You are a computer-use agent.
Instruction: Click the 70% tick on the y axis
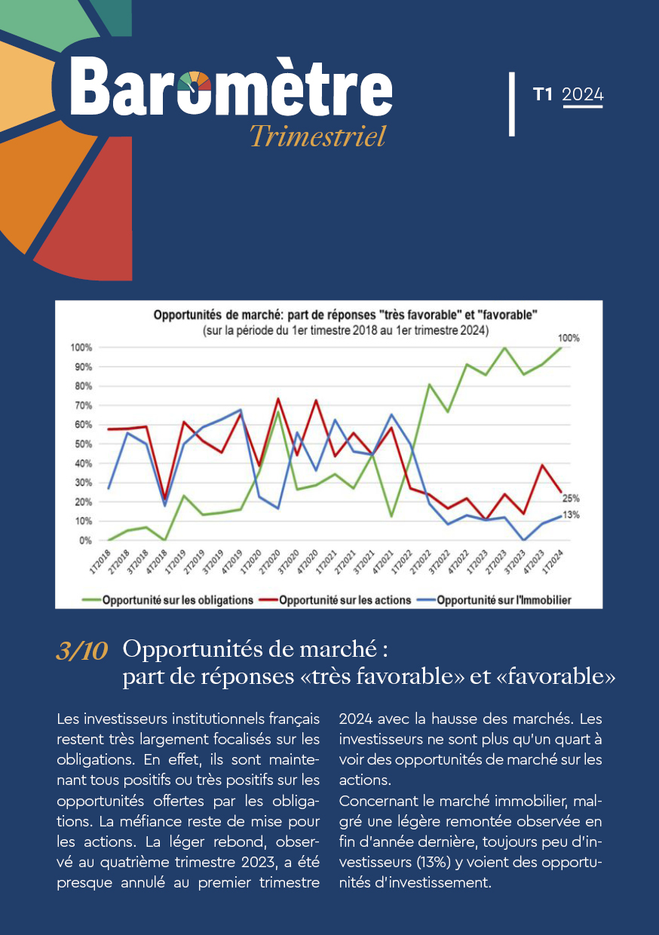[x=84, y=406]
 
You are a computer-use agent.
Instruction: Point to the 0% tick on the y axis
[x=85, y=541]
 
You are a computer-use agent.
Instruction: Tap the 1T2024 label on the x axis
[x=553, y=563]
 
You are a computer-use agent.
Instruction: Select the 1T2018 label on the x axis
[x=100, y=563]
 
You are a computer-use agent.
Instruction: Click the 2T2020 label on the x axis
[x=270, y=563]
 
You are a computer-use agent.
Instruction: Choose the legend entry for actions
[x=335, y=600]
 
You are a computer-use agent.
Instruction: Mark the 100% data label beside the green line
[x=569, y=338]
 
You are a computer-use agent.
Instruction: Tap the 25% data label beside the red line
[x=571, y=498]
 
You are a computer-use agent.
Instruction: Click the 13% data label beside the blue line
[x=572, y=515]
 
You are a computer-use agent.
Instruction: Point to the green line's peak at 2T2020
[x=278, y=412]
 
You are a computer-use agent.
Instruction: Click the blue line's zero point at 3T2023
[x=524, y=540]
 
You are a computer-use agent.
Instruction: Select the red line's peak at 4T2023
[x=542, y=465]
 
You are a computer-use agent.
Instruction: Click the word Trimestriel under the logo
[x=317, y=136]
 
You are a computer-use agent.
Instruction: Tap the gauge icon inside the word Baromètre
[x=195, y=81]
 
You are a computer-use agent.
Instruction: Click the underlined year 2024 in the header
[x=583, y=95]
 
